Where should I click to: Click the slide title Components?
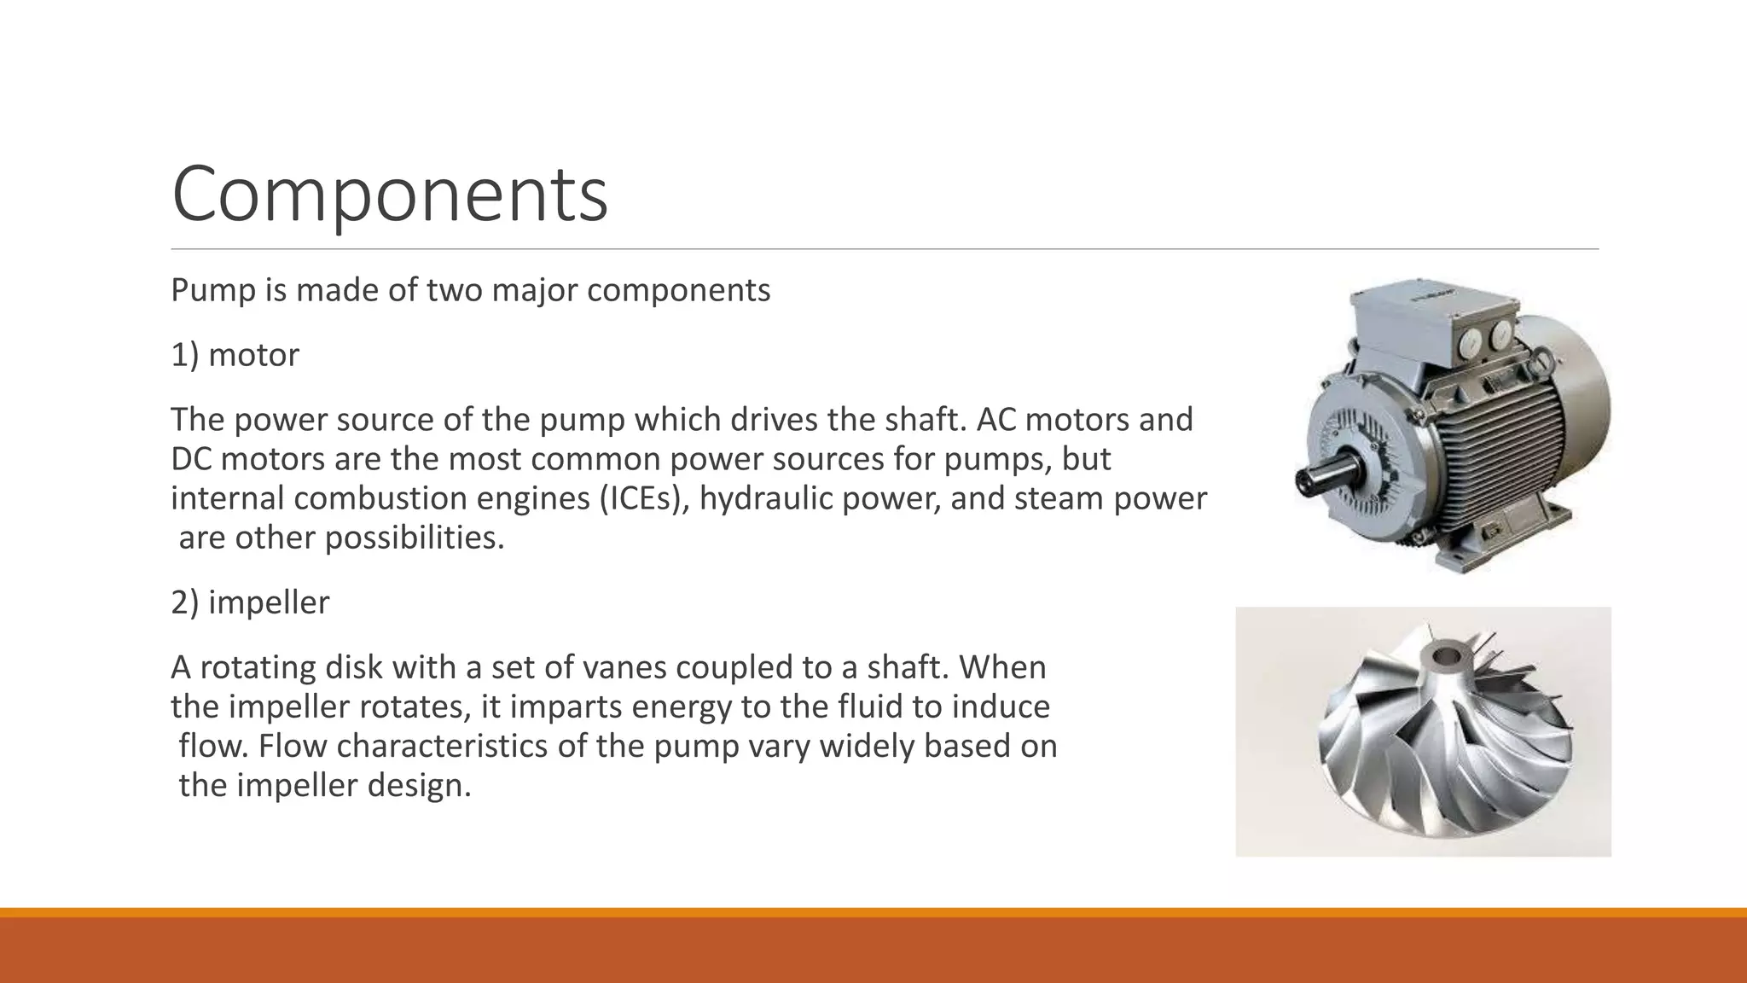point(390,194)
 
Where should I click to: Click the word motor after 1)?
point(253,355)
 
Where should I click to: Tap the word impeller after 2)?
point(269,602)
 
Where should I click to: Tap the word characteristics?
point(443,746)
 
